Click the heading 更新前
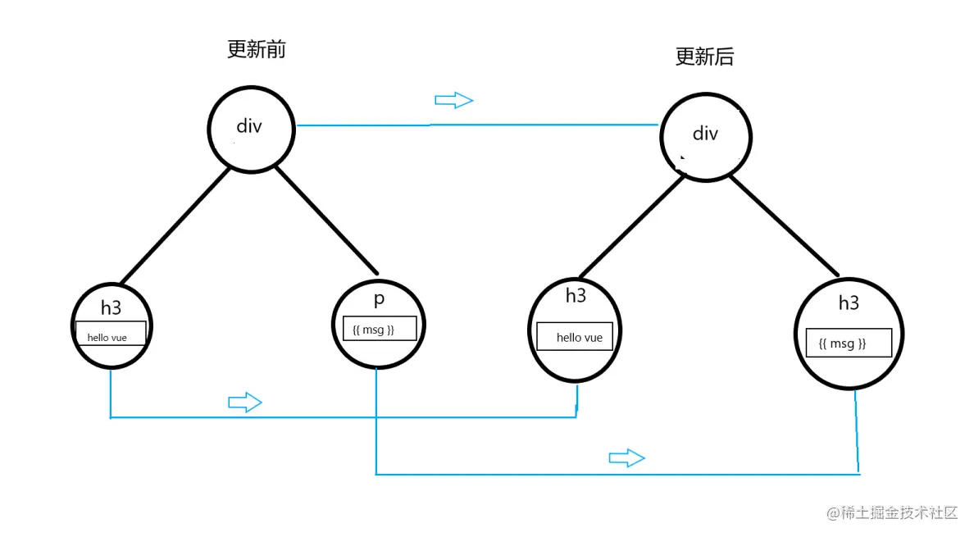click(x=256, y=49)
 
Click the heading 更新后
click(x=704, y=57)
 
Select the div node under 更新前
click(x=249, y=126)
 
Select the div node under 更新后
click(x=705, y=134)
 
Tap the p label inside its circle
click(x=379, y=299)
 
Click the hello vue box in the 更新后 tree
click(x=575, y=336)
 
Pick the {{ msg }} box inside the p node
click(x=380, y=329)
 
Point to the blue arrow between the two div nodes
click(x=454, y=100)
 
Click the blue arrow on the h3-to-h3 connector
click(x=244, y=402)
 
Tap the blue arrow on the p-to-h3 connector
click(x=626, y=457)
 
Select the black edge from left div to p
click(x=326, y=220)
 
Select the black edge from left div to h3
click(x=175, y=225)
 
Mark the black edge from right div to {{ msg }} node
click(x=784, y=225)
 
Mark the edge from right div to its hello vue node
click(x=631, y=225)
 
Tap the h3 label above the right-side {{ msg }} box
click(x=849, y=303)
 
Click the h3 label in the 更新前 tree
click(x=111, y=308)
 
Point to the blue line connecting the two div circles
click(x=492, y=125)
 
